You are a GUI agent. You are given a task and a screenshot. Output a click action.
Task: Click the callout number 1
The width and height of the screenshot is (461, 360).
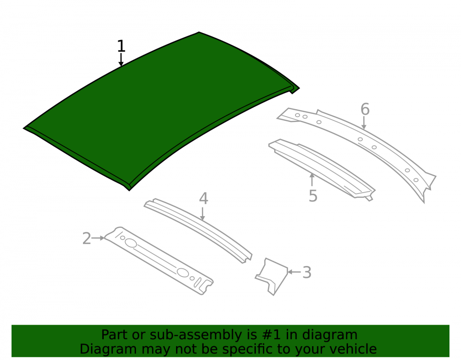pyautogui.click(x=121, y=46)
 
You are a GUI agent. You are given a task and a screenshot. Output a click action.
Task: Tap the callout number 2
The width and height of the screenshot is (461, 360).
pyautogui.click(x=87, y=238)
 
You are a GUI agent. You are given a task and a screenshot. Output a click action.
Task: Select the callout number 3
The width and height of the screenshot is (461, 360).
pyautogui.click(x=307, y=272)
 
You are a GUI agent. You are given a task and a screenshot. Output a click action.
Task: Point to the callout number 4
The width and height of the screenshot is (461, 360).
pyautogui.click(x=203, y=199)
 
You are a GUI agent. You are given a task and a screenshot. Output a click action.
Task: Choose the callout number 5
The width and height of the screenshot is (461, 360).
pyautogui.click(x=313, y=196)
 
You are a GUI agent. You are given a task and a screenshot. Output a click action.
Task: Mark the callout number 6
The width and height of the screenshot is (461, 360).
pyautogui.click(x=365, y=109)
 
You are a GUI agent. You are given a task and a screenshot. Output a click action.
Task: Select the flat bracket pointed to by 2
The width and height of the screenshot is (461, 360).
pyautogui.click(x=159, y=260)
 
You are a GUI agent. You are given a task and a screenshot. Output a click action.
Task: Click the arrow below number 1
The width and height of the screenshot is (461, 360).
pyautogui.click(x=121, y=60)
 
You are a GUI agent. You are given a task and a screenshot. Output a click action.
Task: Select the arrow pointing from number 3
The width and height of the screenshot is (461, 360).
pyautogui.click(x=294, y=272)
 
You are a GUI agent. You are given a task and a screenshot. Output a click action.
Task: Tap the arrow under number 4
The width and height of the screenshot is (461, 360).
pyautogui.click(x=202, y=214)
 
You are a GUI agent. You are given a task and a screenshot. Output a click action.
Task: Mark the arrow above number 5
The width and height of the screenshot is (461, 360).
pyautogui.click(x=312, y=180)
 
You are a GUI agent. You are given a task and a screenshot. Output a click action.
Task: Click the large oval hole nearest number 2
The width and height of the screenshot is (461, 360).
pyautogui.click(x=131, y=243)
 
